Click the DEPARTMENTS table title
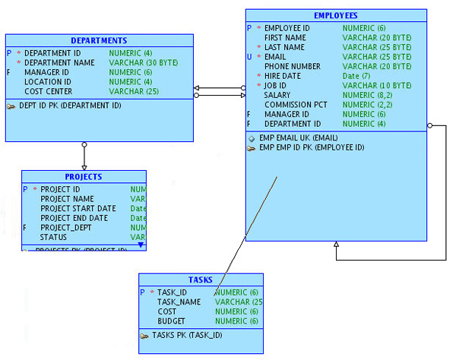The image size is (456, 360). (x=99, y=40)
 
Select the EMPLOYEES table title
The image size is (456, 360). (x=335, y=15)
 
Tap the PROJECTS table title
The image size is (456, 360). (x=83, y=177)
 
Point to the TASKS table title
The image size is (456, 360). (x=201, y=279)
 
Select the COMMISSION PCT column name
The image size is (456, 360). (x=296, y=105)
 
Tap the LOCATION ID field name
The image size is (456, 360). (x=48, y=81)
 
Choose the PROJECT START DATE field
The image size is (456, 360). (x=78, y=208)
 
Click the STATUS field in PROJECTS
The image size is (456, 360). (x=53, y=237)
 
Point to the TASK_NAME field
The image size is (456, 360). (x=179, y=302)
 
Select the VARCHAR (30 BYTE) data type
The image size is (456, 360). (x=143, y=62)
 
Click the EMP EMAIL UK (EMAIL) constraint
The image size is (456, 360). (x=299, y=138)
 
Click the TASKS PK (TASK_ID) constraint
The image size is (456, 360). (x=187, y=335)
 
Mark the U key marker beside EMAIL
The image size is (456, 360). (x=249, y=56)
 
